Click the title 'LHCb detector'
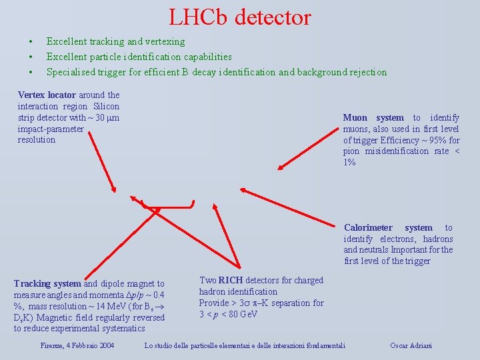coord(240,17)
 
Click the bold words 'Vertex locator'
coord(47,95)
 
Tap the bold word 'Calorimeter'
coord(368,227)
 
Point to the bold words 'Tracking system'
coord(47,283)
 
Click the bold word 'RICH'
coord(231,280)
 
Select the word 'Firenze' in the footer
coord(52,345)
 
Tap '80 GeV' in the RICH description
coord(239,314)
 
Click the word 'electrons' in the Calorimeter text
coord(397,239)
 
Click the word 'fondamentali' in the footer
coord(322,345)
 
